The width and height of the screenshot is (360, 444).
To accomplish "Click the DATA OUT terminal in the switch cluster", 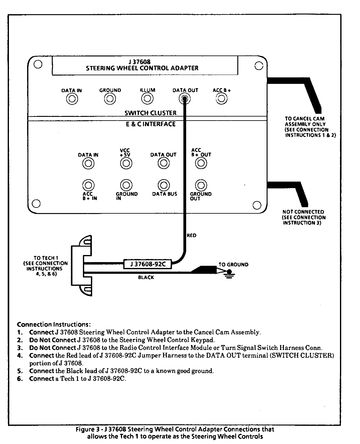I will (184, 99).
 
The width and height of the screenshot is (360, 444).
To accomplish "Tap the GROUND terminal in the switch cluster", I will (110, 99).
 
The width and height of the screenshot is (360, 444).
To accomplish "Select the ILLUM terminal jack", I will (147, 99).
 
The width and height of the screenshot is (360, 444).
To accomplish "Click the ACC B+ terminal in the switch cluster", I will (221, 99).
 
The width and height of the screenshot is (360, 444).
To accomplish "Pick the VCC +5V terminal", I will (126, 163).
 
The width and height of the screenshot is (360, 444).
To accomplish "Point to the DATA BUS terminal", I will (164, 185).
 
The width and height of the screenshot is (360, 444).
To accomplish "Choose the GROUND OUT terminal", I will (201, 185).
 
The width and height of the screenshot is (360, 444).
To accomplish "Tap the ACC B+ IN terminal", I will (88, 185).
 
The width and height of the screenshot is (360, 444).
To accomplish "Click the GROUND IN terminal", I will (126, 185).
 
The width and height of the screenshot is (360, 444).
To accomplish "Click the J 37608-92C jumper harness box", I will (147, 264).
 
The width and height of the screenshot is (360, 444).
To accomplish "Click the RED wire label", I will (191, 236).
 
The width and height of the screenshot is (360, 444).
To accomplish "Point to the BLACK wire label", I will (146, 277).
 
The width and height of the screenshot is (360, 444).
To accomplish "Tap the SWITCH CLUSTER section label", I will (150, 113).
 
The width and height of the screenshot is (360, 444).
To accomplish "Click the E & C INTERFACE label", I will (150, 124).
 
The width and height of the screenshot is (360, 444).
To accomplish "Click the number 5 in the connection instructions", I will (19, 371).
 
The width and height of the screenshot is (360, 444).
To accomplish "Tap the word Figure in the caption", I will (84, 429).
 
